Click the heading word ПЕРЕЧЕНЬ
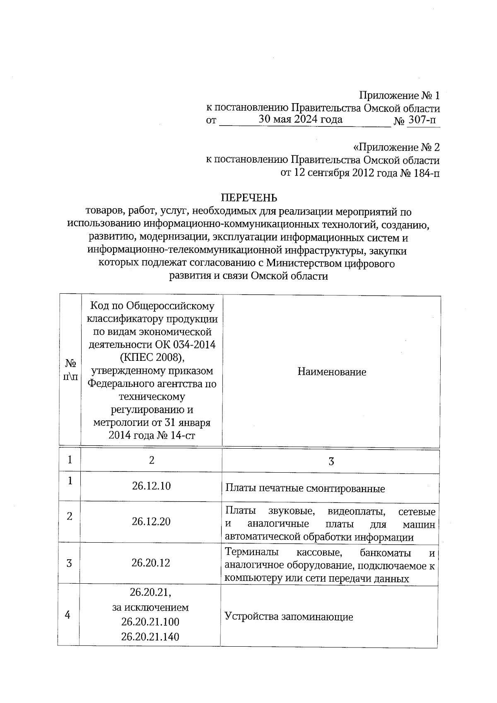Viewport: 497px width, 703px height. coord(248,198)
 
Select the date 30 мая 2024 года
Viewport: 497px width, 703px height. coord(301,120)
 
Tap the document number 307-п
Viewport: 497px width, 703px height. coord(422,121)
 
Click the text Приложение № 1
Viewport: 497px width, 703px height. coord(399,96)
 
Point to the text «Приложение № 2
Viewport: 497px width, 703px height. coord(396,147)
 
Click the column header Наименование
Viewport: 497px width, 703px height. coord(332,372)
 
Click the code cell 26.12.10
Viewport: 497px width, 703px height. coord(151,486)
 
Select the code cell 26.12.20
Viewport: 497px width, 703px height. coord(151,522)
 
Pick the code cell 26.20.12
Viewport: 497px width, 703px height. coord(151,563)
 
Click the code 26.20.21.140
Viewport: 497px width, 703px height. coord(150,637)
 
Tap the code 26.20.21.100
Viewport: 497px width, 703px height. coord(150,622)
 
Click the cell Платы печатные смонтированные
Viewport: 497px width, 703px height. coord(305,489)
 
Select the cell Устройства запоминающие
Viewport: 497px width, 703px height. coord(289,617)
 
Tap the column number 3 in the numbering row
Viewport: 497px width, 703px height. coord(331,461)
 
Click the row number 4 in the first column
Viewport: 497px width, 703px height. coord(68,615)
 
